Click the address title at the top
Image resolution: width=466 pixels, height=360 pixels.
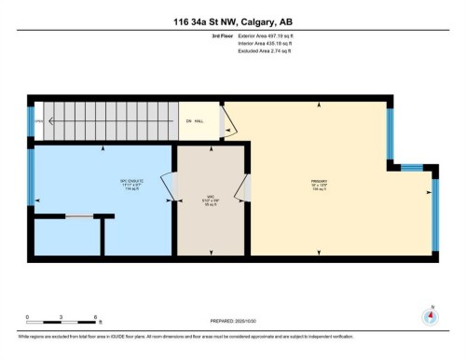(x=232, y=21)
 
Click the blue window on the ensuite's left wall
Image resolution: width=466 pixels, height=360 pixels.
(x=31, y=177)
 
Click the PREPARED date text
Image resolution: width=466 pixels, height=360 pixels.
(x=232, y=319)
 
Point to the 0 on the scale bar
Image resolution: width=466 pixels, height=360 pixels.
(x=28, y=318)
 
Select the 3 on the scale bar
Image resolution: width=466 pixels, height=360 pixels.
(x=59, y=318)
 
